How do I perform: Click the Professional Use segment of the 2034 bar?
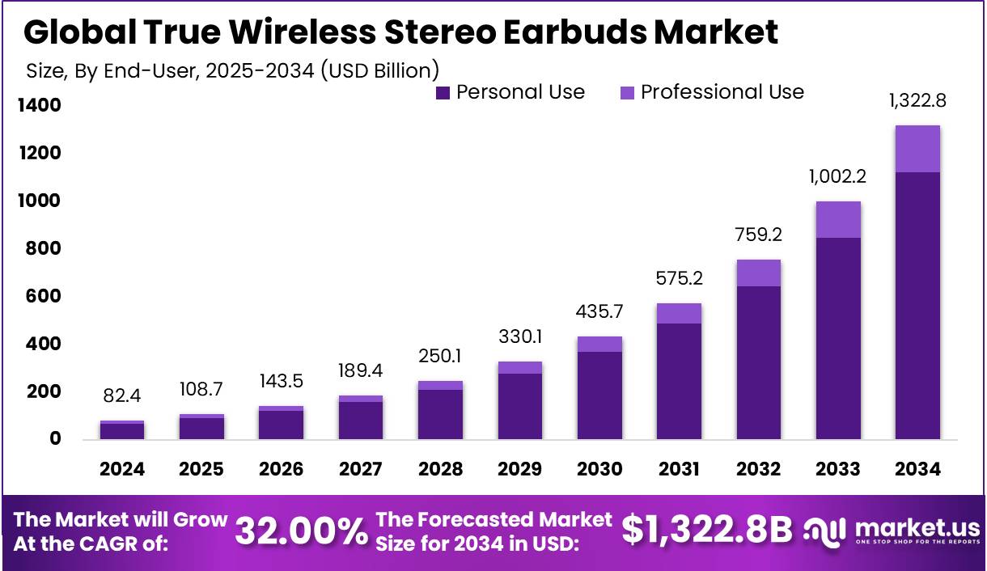(x=917, y=149)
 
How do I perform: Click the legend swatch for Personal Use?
(x=443, y=93)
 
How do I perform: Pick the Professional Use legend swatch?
(x=627, y=93)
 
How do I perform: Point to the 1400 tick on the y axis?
(x=39, y=106)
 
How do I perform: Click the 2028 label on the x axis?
(x=440, y=469)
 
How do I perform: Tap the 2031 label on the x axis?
(x=679, y=469)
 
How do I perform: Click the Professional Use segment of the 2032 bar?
(x=758, y=273)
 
